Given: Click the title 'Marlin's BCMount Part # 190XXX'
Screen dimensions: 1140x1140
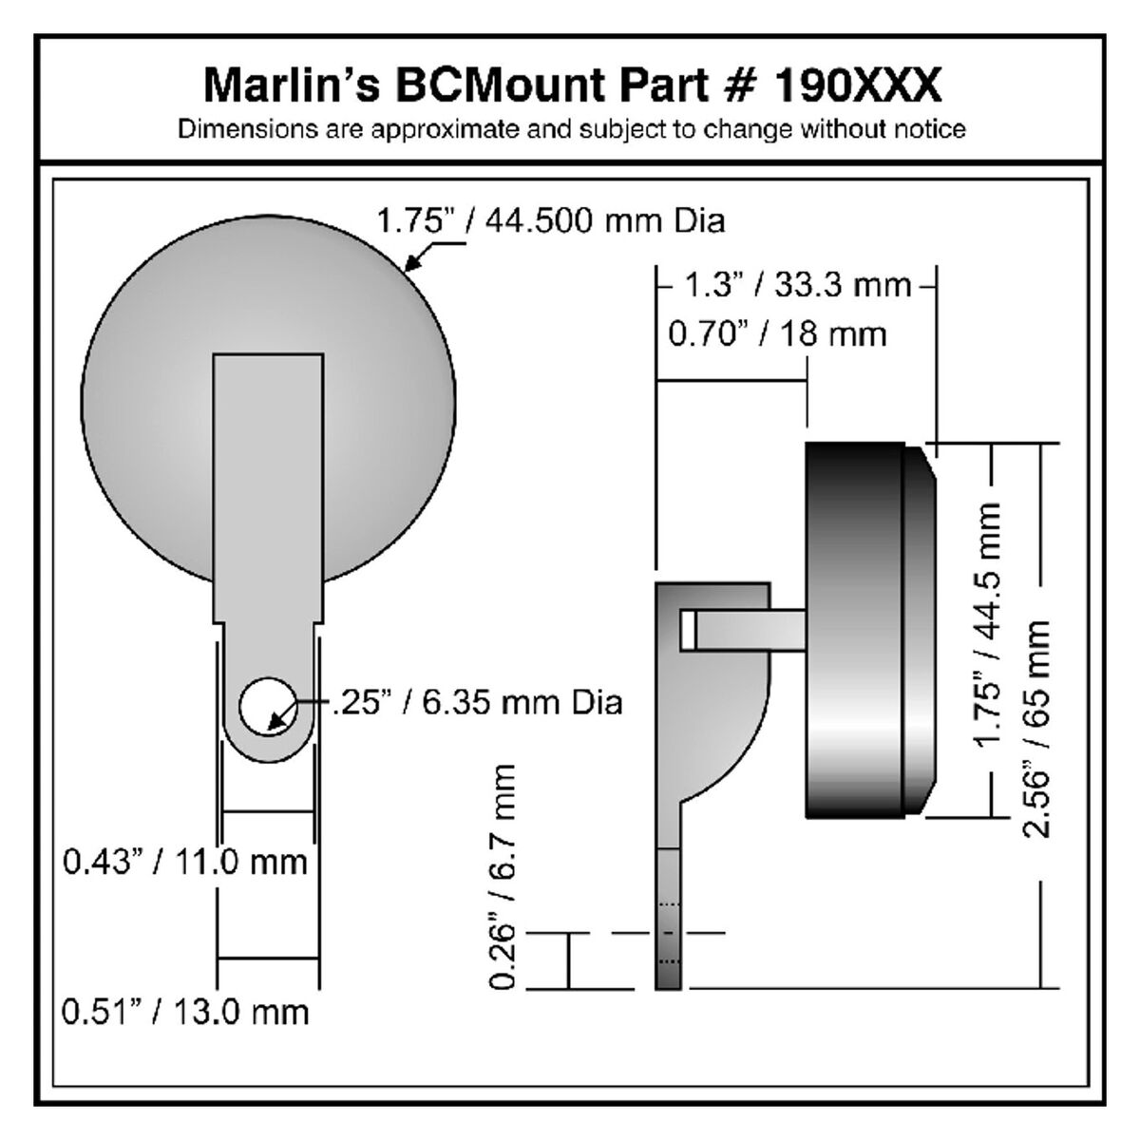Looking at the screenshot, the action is click(x=572, y=85).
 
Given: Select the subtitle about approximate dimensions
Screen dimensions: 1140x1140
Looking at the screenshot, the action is click(x=572, y=129).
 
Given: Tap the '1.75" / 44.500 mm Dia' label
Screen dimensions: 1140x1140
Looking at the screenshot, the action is click(x=550, y=221).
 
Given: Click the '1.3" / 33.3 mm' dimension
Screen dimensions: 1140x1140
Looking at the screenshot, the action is click(x=797, y=285).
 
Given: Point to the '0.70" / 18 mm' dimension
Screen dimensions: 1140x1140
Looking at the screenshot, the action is click(x=777, y=334).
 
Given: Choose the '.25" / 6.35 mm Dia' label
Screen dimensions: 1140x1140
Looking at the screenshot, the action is click(x=477, y=703).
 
